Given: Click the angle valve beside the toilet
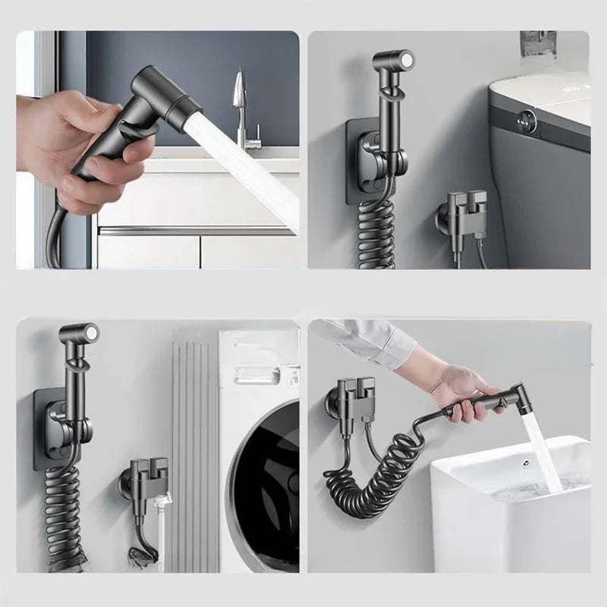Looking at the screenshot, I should (464, 212).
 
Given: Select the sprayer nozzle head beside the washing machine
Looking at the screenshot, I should (80, 335).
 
